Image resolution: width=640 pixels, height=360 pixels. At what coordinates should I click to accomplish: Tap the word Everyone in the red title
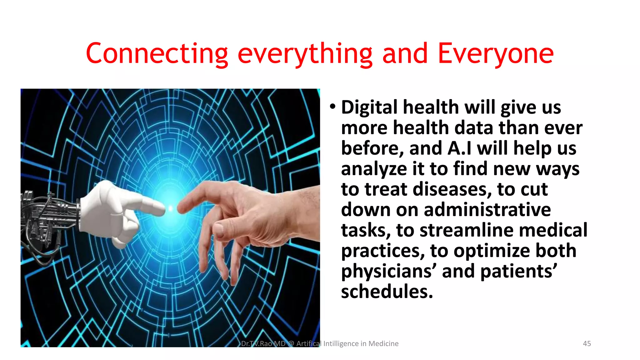tap(496, 54)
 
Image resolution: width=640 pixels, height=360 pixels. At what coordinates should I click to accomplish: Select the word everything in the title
tap(305, 54)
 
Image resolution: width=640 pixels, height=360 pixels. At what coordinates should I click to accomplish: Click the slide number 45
tap(587, 343)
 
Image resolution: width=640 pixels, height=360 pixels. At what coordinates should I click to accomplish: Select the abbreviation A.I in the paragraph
tap(459, 148)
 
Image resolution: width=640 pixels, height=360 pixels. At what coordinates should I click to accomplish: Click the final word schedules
tap(387, 292)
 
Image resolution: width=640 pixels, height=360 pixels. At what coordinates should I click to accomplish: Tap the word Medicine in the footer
tap(383, 343)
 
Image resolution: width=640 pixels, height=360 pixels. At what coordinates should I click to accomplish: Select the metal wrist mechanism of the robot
tap(50, 216)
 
